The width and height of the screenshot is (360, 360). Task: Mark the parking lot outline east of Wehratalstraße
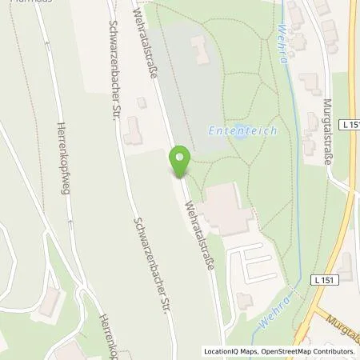(x=254, y=261)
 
